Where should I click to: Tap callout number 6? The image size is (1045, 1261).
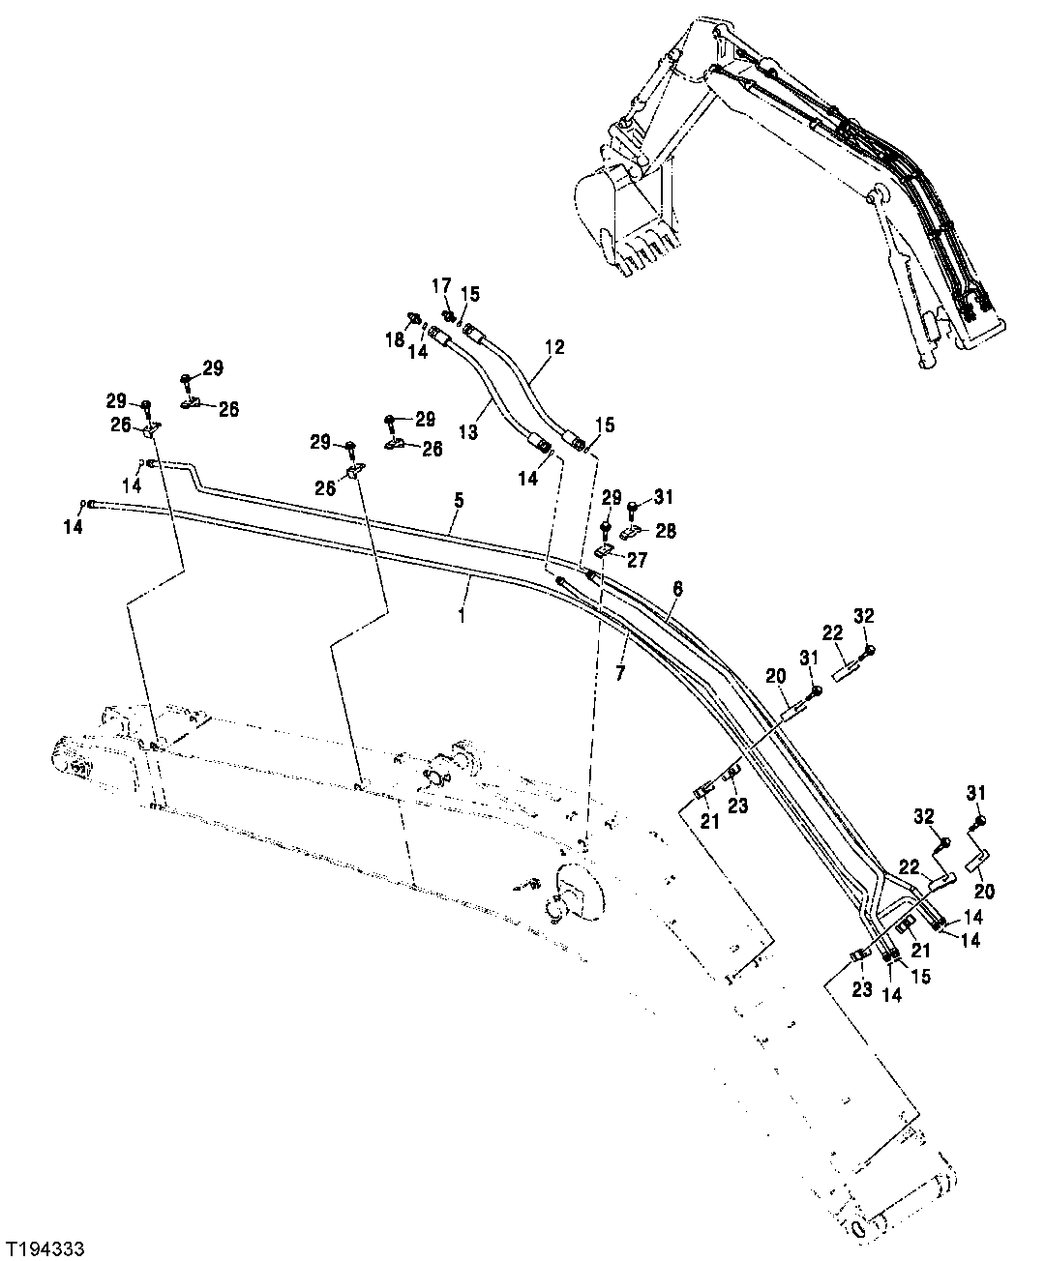[678, 587]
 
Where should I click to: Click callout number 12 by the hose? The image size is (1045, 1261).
[553, 345]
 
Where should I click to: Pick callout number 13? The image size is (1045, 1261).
[468, 433]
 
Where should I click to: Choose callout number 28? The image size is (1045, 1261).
[666, 531]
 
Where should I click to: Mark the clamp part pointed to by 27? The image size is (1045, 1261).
[602, 550]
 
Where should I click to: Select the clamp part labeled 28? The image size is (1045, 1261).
[632, 531]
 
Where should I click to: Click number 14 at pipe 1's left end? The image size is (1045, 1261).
[74, 527]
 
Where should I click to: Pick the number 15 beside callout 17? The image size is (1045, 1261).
[469, 293]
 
